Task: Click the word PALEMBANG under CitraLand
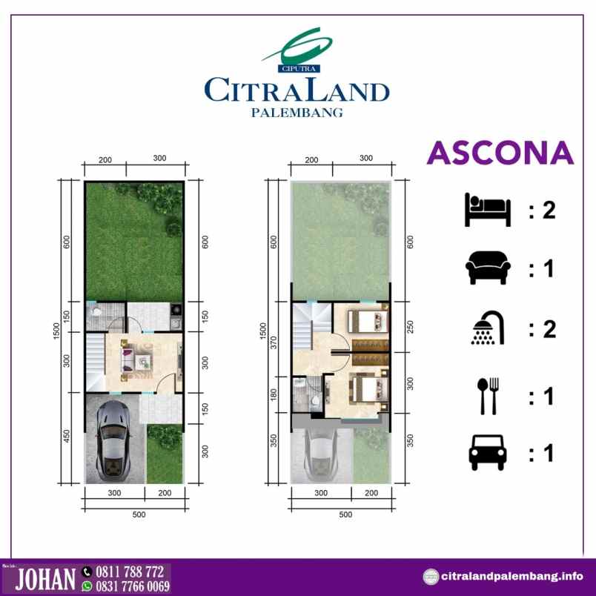point(297,113)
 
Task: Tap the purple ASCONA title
point(501,153)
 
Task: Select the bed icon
point(487,211)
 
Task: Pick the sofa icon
point(487,268)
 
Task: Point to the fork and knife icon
point(488,395)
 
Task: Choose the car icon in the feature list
point(487,452)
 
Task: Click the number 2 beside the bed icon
point(549,211)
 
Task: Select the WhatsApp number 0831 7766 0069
point(136,586)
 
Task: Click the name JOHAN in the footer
point(45,579)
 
